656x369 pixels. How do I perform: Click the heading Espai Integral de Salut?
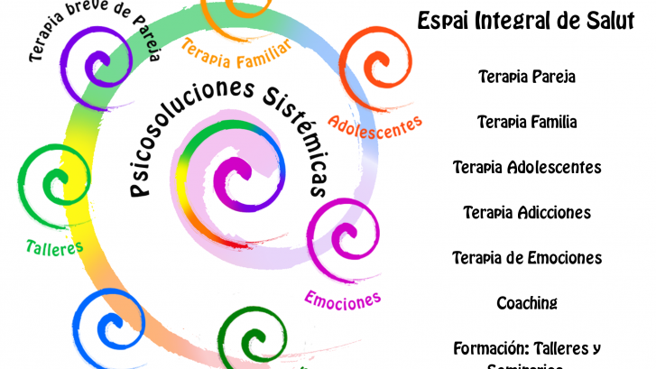532,22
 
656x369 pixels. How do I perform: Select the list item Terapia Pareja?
527,77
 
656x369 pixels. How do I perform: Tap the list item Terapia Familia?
527,122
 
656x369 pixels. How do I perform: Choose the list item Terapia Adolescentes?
527,168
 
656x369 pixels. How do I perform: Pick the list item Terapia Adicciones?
527,213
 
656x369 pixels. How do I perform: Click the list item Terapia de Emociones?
527,258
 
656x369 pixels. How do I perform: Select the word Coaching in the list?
527,303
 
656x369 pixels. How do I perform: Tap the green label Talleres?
54,245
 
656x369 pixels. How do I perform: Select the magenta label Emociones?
342,297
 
